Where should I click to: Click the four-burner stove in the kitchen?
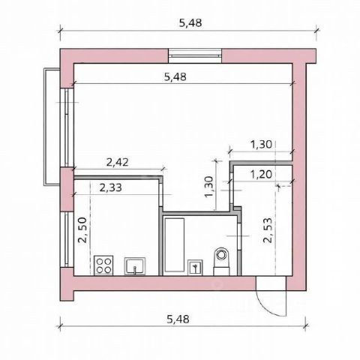(x=103, y=265)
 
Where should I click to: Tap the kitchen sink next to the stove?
(x=135, y=266)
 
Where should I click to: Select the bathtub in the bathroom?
(x=175, y=244)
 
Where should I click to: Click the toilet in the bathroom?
(x=221, y=262)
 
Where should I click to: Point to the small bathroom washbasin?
(x=195, y=268)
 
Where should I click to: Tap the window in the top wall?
(x=195, y=55)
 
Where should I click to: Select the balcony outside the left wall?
(x=52, y=127)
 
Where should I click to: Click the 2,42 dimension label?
(x=118, y=162)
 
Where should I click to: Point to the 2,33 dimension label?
(x=111, y=187)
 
